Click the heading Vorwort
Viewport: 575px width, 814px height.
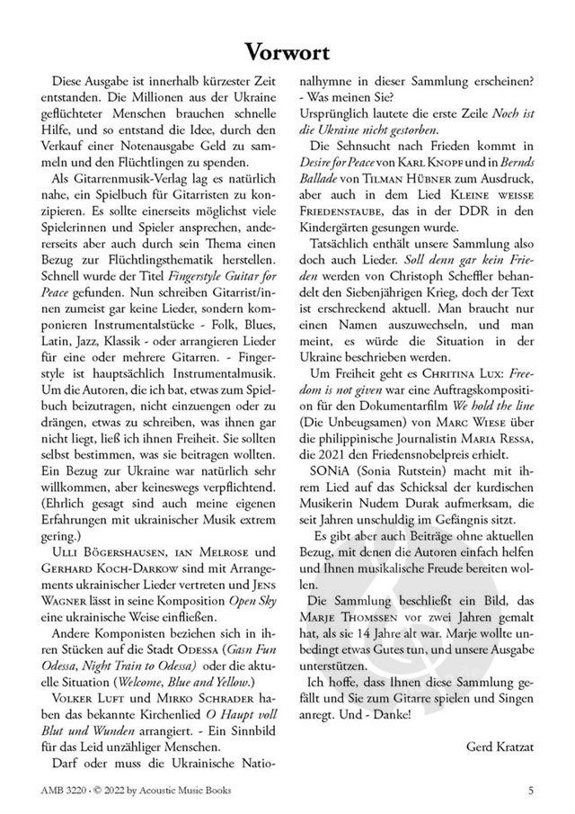tap(287, 54)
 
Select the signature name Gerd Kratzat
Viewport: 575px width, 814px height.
tap(501, 747)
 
